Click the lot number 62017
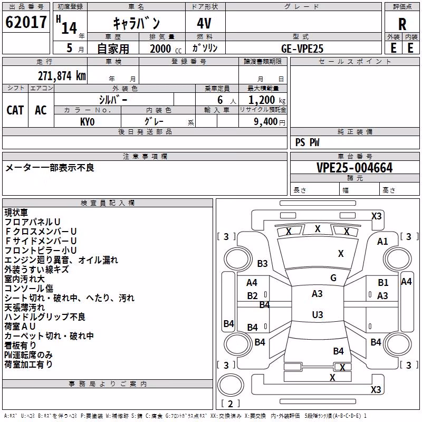pyautogui.click(x=26, y=22)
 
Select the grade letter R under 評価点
pyautogui.click(x=402, y=24)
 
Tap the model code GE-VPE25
pyautogui.click(x=302, y=49)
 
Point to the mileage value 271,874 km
pyautogui.click(x=62, y=76)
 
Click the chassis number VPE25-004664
pyautogui.click(x=354, y=168)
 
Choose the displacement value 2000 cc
pyautogui.click(x=166, y=49)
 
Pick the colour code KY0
pyautogui.click(x=87, y=122)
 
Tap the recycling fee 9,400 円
pyautogui.click(x=270, y=122)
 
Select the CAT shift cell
pyautogui.click(x=15, y=110)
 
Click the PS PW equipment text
pyautogui.click(x=307, y=142)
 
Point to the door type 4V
pyautogui.click(x=204, y=23)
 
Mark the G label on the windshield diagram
pyautogui.click(x=333, y=278)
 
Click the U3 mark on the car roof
pyautogui.click(x=318, y=314)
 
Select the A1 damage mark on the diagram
pyautogui.click(x=382, y=242)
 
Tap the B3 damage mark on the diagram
pyautogui.click(x=262, y=263)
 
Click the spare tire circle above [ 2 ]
pyautogui.click(x=231, y=385)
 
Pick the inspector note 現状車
pyautogui.click(x=16, y=213)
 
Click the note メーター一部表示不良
pyautogui.click(x=50, y=168)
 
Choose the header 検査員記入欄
pyautogui.click(x=108, y=203)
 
